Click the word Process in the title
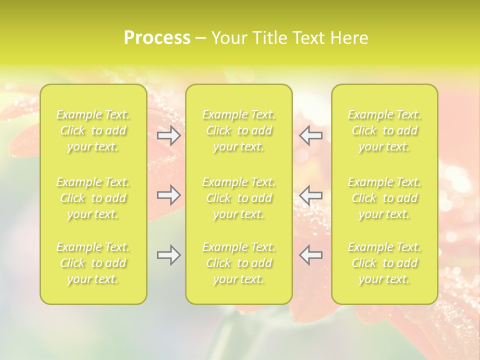pyautogui.click(x=157, y=38)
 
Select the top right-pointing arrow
pyautogui.click(x=169, y=135)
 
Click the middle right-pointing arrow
pyautogui.click(x=169, y=195)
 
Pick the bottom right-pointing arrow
pyautogui.click(x=169, y=255)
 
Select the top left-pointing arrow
pyautogui.click(x=310, y=135)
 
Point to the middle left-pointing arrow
pyautogui.click(x=310, y=195)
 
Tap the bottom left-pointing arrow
pyautogui.click(x=310, y=255)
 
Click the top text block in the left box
pyautogui.click(x=93, y=130)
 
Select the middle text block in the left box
pyautogui.click(x=93, y=198)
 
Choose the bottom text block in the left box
pyautogui.click(x=93, y=263)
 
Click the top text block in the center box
pyautogui.click(x=239, y=130)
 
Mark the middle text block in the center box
pyautogui.click(x=239, y=198)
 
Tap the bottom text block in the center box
pyautogui.click(x=239, y=263)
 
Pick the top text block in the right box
pyautogui.click(x=384, y=130)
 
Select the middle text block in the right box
pyautogui.click(x=384, y=198)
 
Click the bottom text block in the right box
pyautogui.click(x=384, y=263)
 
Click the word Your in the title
pyautogui.click(x=229, y=38)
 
